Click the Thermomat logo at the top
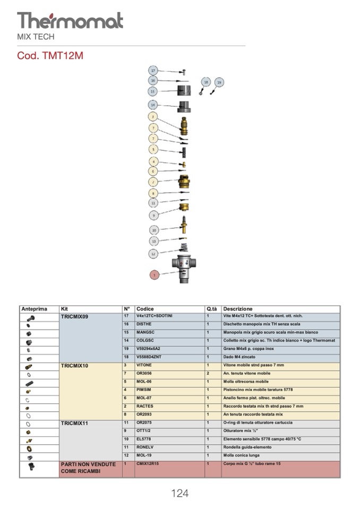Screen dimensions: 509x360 tap(70, 21)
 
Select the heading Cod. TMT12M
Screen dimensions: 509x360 tap(50, 55)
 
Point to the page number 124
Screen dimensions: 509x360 tap(179, 494)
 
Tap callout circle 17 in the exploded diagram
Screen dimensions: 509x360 tap(153, 71)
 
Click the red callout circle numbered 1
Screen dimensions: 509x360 tap(154, 275)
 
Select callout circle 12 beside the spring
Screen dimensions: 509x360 tap(153, 254)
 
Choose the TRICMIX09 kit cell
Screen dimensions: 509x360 tap(74, 316)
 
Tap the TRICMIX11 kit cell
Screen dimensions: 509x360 tap(74, 423)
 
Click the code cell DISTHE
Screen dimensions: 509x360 tap(144, 324)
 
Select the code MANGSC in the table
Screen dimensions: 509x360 tap(145, 332)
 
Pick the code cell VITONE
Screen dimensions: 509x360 tap(144, 366)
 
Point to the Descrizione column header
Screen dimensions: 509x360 tap(238, 309)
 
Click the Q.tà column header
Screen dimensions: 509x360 tap(212, 309)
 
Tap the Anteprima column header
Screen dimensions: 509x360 tap(35, 309)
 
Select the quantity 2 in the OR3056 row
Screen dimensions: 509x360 tap(208, 374)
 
